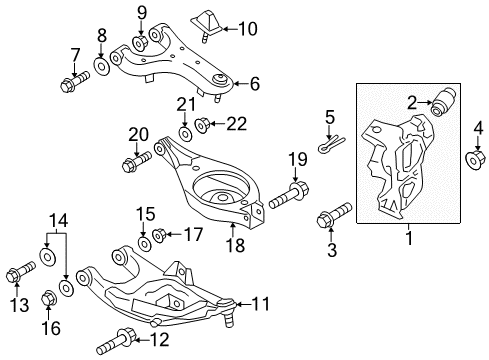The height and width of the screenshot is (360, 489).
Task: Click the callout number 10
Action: (248, 27)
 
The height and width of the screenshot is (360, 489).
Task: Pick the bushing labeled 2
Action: (443, 104)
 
